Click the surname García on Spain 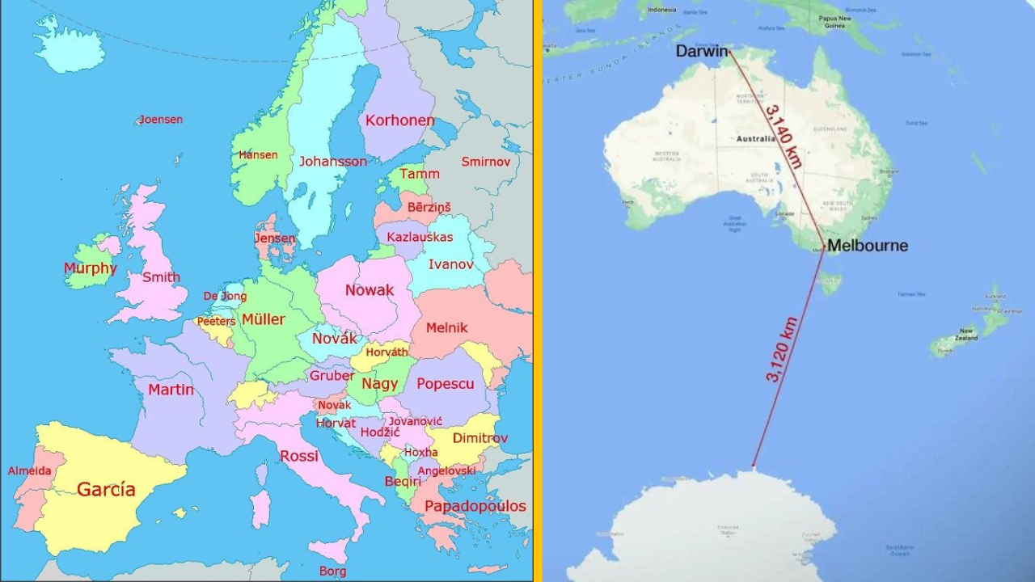106,490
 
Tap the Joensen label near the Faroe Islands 160,120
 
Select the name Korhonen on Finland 399,120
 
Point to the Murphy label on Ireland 90,268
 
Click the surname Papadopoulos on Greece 475,507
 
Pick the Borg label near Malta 332,571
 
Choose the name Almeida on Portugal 30,471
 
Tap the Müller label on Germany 263,319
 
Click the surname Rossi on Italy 299,457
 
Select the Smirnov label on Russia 486,162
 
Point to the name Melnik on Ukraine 446,327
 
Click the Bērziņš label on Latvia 429,208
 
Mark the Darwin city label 701,52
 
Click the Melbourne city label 867,246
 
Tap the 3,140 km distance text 784,136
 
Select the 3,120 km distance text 781,349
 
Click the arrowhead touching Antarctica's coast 754,466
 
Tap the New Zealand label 967,334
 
